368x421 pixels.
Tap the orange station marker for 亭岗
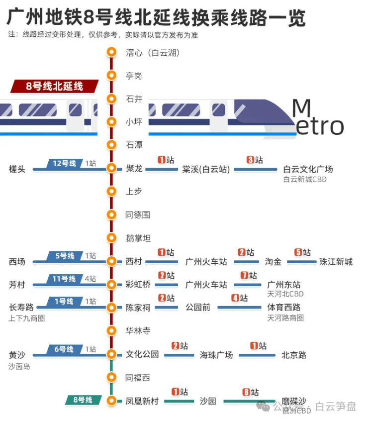tap(112, 76)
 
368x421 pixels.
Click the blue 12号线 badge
tap(65, 163)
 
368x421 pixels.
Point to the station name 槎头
tap(17, 169)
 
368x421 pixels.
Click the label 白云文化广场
tap(308, 169)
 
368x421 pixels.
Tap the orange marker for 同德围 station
tap(112, 215)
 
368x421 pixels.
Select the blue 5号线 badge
tap(65, 256)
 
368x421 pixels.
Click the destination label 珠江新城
tap(336, 262)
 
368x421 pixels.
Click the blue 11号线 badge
tap(65, 279)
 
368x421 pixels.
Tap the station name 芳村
tap(17, 285)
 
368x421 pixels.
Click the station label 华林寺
tap(138, 330)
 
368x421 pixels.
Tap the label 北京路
tap(294, 355)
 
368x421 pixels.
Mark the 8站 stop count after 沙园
tap(251, 392)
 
